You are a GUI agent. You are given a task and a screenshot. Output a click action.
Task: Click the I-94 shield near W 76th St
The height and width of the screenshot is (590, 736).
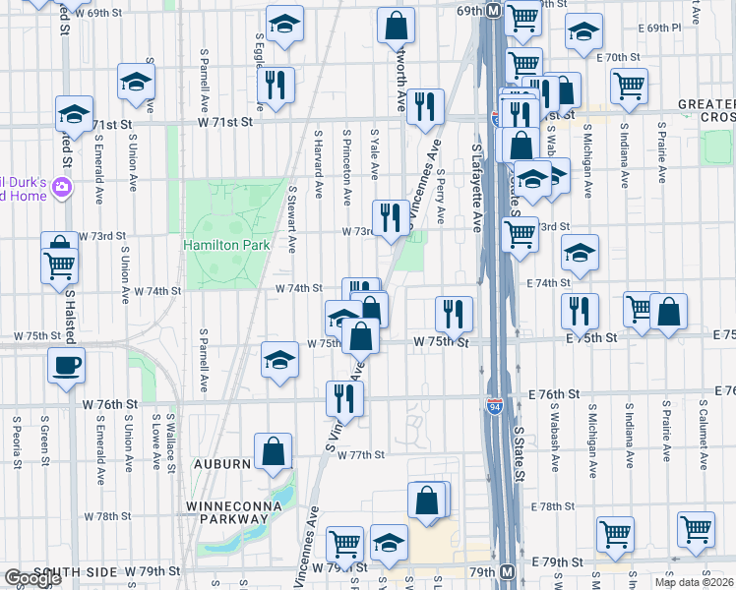tap(495, 406)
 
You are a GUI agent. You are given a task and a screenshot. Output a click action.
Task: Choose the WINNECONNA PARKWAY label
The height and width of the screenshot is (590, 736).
tap(234, 506)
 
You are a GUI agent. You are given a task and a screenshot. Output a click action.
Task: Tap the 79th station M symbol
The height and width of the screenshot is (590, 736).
tap(507, 571)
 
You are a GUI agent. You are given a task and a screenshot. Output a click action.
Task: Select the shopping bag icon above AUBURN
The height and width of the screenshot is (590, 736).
tap(274, 451)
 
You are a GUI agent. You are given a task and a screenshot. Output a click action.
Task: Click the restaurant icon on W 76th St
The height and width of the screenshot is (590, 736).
tap(344, 399)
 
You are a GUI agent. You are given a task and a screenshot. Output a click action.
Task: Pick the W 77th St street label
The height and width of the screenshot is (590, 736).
tap(359, 455)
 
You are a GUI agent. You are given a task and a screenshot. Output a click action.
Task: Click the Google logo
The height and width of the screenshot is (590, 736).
tap(32, 579)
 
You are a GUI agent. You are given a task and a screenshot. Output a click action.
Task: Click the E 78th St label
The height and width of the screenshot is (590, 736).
tap(552, 506)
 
